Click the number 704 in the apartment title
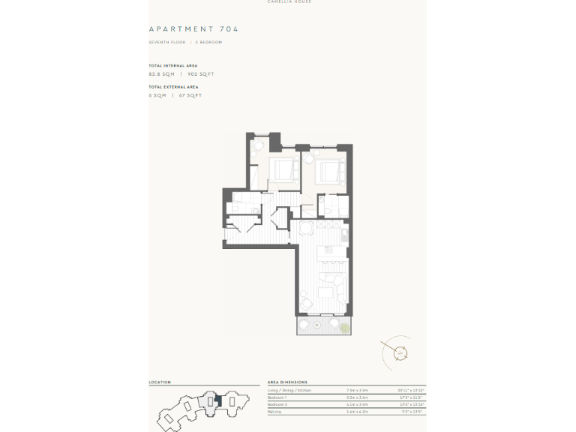tap(229, 29)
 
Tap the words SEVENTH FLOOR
tap(166, 42)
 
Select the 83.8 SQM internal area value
tap(161, 74)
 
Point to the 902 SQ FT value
tap(200, 74)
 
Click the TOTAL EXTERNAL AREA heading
tap(174, 87)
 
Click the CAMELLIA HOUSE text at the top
tap(289, 2)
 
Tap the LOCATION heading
tap(160, 382)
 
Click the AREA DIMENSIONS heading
tap(287, 382)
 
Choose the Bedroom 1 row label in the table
tap(277, 397)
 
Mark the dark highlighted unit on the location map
tap(217, 400)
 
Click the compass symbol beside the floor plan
tap(400, 352)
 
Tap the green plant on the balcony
tap(344, 328)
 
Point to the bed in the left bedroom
tap(283, 169)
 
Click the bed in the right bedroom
tap(329, 172)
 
